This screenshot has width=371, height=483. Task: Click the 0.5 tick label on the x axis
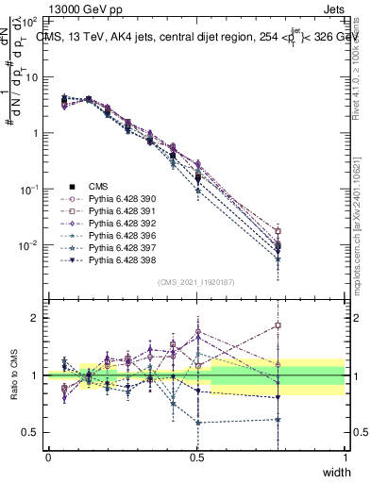tap(196, 456)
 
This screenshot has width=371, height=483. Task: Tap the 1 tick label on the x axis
tap(345, 456)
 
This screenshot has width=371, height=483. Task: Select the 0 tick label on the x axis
tap(48, 456)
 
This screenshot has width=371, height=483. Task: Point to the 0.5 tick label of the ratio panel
tap(30, 432)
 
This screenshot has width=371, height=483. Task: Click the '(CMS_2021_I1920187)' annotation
tap(196, 281)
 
